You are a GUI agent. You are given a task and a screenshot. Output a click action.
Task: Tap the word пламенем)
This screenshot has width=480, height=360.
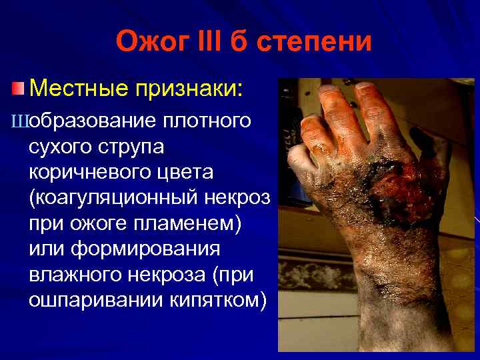[184, 223]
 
